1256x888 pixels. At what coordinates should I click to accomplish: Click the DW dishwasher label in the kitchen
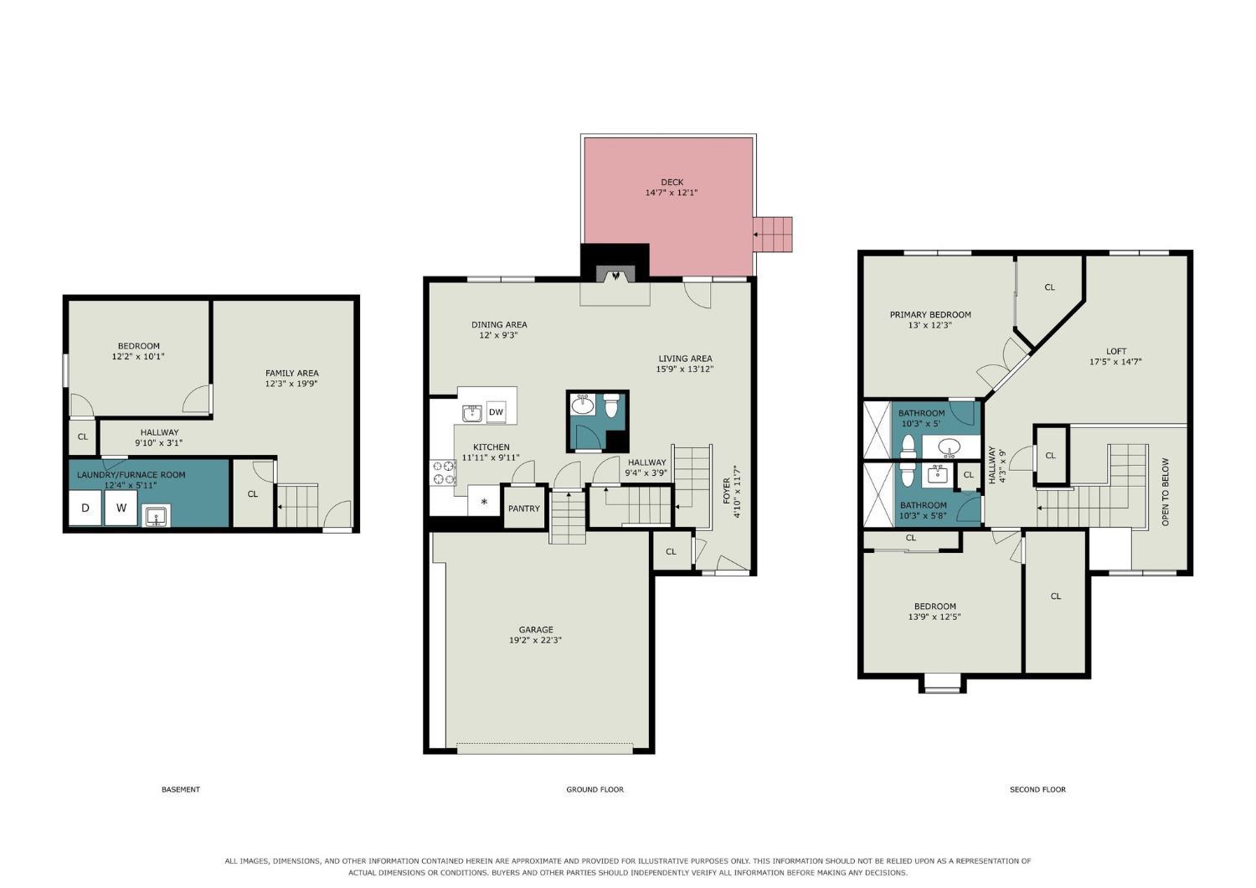tap(496, 411)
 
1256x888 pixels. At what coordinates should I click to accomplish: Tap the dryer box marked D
tap(85, 508)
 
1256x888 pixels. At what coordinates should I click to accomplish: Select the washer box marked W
tap(121, 508)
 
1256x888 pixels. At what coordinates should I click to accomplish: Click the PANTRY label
tap(523, 509)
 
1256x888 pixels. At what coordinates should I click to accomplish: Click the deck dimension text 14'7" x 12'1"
tap(672, 193)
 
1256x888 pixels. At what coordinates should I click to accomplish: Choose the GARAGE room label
tap(536, 629)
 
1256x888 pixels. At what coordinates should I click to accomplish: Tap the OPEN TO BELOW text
tap(1166, 492)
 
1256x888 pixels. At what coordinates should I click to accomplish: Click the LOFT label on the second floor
tap(1116, 351)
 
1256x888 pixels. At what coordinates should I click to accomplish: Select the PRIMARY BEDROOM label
tap(930, 315)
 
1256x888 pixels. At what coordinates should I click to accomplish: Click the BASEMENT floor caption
tap(181, 789)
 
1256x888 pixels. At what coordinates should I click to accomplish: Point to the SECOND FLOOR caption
tap(1037, 789)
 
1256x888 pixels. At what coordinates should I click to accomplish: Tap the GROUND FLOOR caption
tap(595, 789)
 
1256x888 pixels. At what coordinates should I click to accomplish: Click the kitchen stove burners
tap(443, 472)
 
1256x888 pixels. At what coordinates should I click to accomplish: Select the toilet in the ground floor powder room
tap(611, 405)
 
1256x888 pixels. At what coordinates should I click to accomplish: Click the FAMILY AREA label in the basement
tap(291, 373)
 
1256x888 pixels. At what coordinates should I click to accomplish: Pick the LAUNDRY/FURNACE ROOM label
tap(131, 474)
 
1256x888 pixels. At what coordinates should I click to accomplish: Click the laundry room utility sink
tap(156, 515)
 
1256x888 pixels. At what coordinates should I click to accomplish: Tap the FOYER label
tap(727, 491)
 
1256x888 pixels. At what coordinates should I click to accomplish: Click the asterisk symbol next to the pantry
tap(484, 501)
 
